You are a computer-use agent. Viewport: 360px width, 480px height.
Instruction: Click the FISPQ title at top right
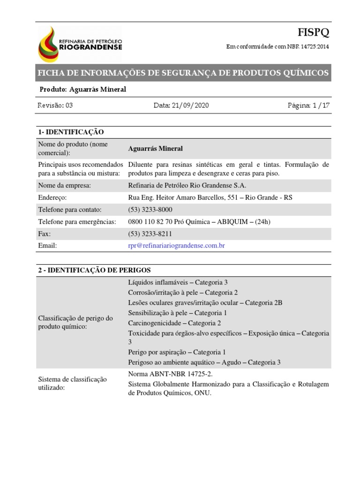coord(314,32)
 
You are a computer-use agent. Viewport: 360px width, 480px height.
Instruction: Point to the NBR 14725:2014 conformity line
coord(278,47)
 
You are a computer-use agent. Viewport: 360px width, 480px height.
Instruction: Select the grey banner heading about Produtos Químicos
coord(183,73)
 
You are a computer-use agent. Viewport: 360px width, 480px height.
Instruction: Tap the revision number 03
coord(69,105)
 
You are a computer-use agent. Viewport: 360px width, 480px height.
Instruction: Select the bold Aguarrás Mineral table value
coord(155,149)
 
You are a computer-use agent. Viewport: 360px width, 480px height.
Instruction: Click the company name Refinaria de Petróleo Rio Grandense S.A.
coord(187,185)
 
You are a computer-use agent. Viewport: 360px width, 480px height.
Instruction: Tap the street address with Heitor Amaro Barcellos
coord(210,197)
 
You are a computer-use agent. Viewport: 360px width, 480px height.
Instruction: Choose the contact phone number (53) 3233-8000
coord(150,210)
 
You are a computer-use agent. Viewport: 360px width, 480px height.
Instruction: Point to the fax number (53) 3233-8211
coord(150,233)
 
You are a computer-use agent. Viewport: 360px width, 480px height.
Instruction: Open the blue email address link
coord(173,245)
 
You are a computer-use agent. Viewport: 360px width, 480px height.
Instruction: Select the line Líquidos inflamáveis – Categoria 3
coord(178,282)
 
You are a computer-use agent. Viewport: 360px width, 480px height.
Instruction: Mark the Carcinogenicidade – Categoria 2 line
coord(174,323)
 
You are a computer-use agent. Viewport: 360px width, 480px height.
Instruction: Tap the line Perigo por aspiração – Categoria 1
coord(177,352)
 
